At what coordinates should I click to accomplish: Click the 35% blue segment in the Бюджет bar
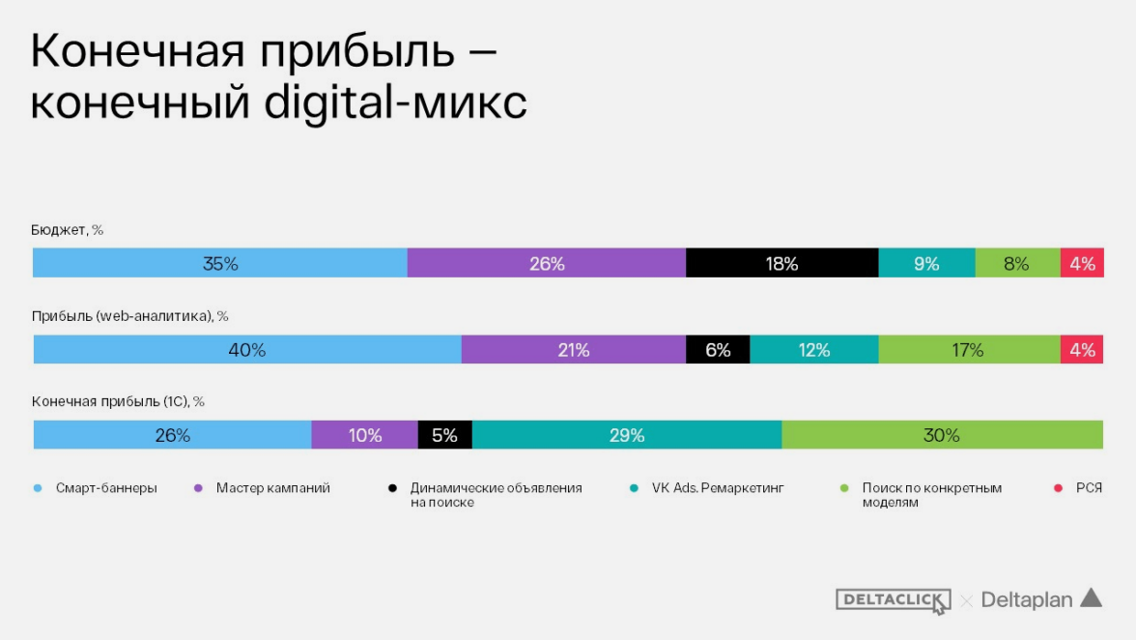tap(220, 263)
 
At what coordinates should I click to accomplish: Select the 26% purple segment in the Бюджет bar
tap(547, 263)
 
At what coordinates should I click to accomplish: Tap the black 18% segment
tap(781, 263)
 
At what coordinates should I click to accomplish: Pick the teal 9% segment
tap(926, 263)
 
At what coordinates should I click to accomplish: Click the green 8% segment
tap(1016, 263)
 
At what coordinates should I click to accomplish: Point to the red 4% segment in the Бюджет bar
tap(1082, 263)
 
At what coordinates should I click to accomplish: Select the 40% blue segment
tap(247, 350)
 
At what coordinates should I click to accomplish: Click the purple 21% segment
tap(574, 350)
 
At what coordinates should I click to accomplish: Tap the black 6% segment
tap(718, 350)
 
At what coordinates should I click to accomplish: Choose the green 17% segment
tap(968, 350)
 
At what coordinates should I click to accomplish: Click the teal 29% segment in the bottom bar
tap(627, 435)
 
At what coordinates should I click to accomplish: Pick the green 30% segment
tap(942, 435)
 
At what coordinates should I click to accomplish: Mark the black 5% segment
tap(444, 435)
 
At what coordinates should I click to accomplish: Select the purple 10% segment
tap(365, 435)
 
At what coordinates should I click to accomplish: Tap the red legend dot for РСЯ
tap(1058, 488)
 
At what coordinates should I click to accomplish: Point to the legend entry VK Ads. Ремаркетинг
tap(718, 488)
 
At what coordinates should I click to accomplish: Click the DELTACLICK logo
tap(893, 600)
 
